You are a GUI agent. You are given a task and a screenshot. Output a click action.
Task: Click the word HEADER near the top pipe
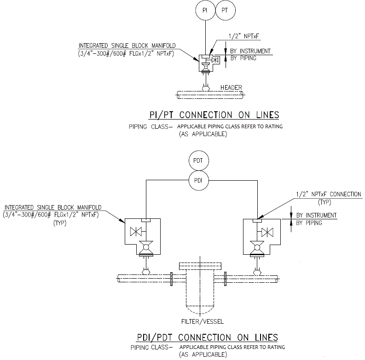pyautogui.click(x=231, y=87)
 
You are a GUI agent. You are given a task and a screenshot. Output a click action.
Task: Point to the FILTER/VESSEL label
pyautogui.click(x=202, y=321)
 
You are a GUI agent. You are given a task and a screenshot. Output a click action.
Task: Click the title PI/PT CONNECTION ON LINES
pyautogui.click(x=214, y=115)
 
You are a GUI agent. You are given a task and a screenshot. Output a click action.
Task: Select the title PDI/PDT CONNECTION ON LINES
pyautogui.click(x=208, y=337)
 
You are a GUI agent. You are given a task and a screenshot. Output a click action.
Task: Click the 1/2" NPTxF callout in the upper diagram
pyautogui.click(x=244, y=36)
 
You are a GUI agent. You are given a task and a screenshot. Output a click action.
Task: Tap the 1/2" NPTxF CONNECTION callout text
pyautogui.click(x=329, y=194)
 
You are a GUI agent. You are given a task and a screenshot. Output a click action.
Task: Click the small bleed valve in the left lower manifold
pyautogui.click(x=136, y=232)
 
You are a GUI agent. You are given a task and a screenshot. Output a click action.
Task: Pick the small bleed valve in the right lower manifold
pyautogui.click(x=267, y=232)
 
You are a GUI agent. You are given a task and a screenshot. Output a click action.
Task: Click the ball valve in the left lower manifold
pyautogui.click(x=146, y=247)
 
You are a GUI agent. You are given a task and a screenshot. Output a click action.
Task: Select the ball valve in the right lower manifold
pyautogui.click(x=257, y=247)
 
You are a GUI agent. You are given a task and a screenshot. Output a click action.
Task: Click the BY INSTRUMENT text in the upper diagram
pyautogui.click(x=250, y=51)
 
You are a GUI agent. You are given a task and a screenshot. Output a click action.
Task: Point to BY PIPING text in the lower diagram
pyautogui.click(x=309, y=223)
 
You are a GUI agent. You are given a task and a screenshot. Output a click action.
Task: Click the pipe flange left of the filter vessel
pyautogui.click(x=172, y=279)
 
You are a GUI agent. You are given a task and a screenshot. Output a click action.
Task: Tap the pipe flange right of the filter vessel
pyautogui.click(x=225, y=279)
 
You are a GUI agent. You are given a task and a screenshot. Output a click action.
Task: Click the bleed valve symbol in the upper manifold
pyautogui.click(x=215, y=60)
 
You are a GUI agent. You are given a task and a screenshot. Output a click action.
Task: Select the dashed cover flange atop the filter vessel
pyautogui.click(x=200, y=266)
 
